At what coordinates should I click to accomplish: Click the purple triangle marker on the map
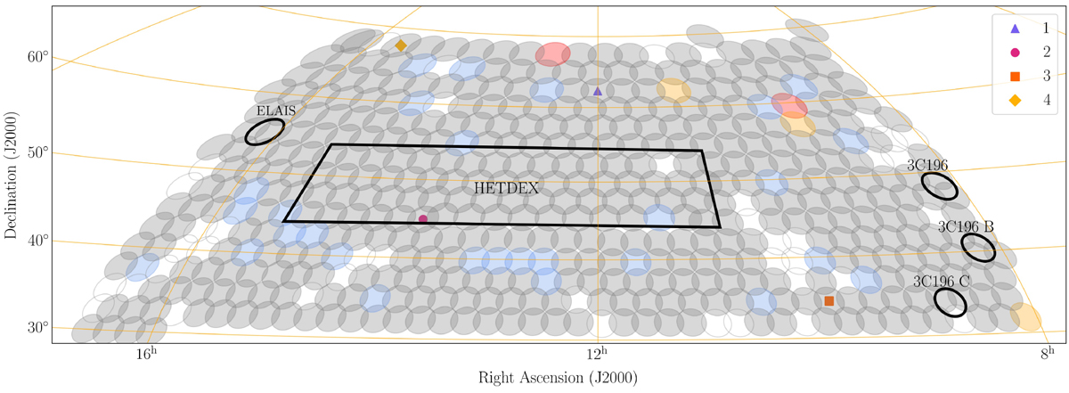pos(598,91)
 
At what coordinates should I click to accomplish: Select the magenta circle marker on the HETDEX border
pos(423,219)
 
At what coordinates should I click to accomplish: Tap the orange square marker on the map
pos(829,301)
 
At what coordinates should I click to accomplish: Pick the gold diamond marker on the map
pos(401,45)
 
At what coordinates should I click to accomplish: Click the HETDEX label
pos(506,188)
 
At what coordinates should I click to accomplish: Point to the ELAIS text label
pos(276,111)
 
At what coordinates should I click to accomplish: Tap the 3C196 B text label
pos(966,226)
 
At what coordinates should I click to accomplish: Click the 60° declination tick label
pos(38,57)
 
